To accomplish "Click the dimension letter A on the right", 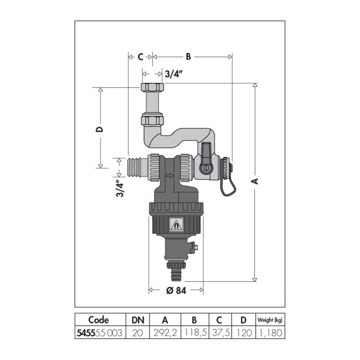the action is [x=255, y=181].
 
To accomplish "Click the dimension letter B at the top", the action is [x=188, y=56].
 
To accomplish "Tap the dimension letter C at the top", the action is [x=141, y=57].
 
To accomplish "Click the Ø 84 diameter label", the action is [x=176, y=291].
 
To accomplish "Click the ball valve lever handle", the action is [x=205, y=158].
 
